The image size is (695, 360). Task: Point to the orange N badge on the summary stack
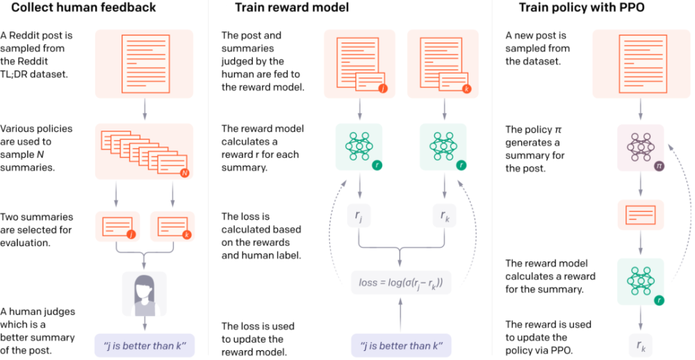pos(183,172)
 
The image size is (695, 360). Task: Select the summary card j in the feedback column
pos(117,227)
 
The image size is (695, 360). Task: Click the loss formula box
pos(400,283)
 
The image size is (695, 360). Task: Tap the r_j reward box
pos(359,218)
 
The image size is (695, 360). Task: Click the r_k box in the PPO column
pos(640,344)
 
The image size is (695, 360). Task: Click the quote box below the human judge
pos(144,345)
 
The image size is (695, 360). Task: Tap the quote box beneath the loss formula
pos(400,345)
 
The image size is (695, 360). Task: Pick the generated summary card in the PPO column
pos(640,215)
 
